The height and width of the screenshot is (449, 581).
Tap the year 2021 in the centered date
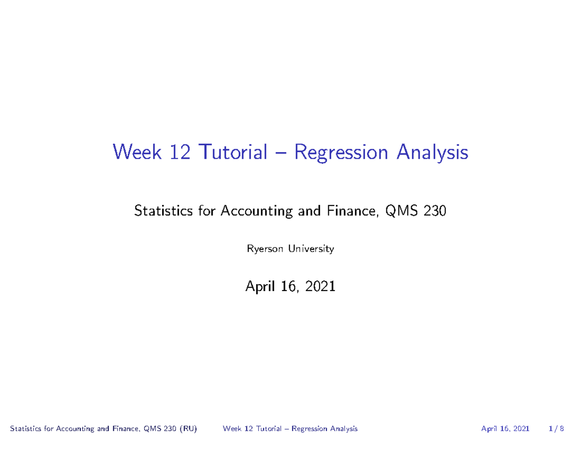click(x=320, y=287)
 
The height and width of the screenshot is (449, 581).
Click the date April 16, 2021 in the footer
click(x=505, y=429)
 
